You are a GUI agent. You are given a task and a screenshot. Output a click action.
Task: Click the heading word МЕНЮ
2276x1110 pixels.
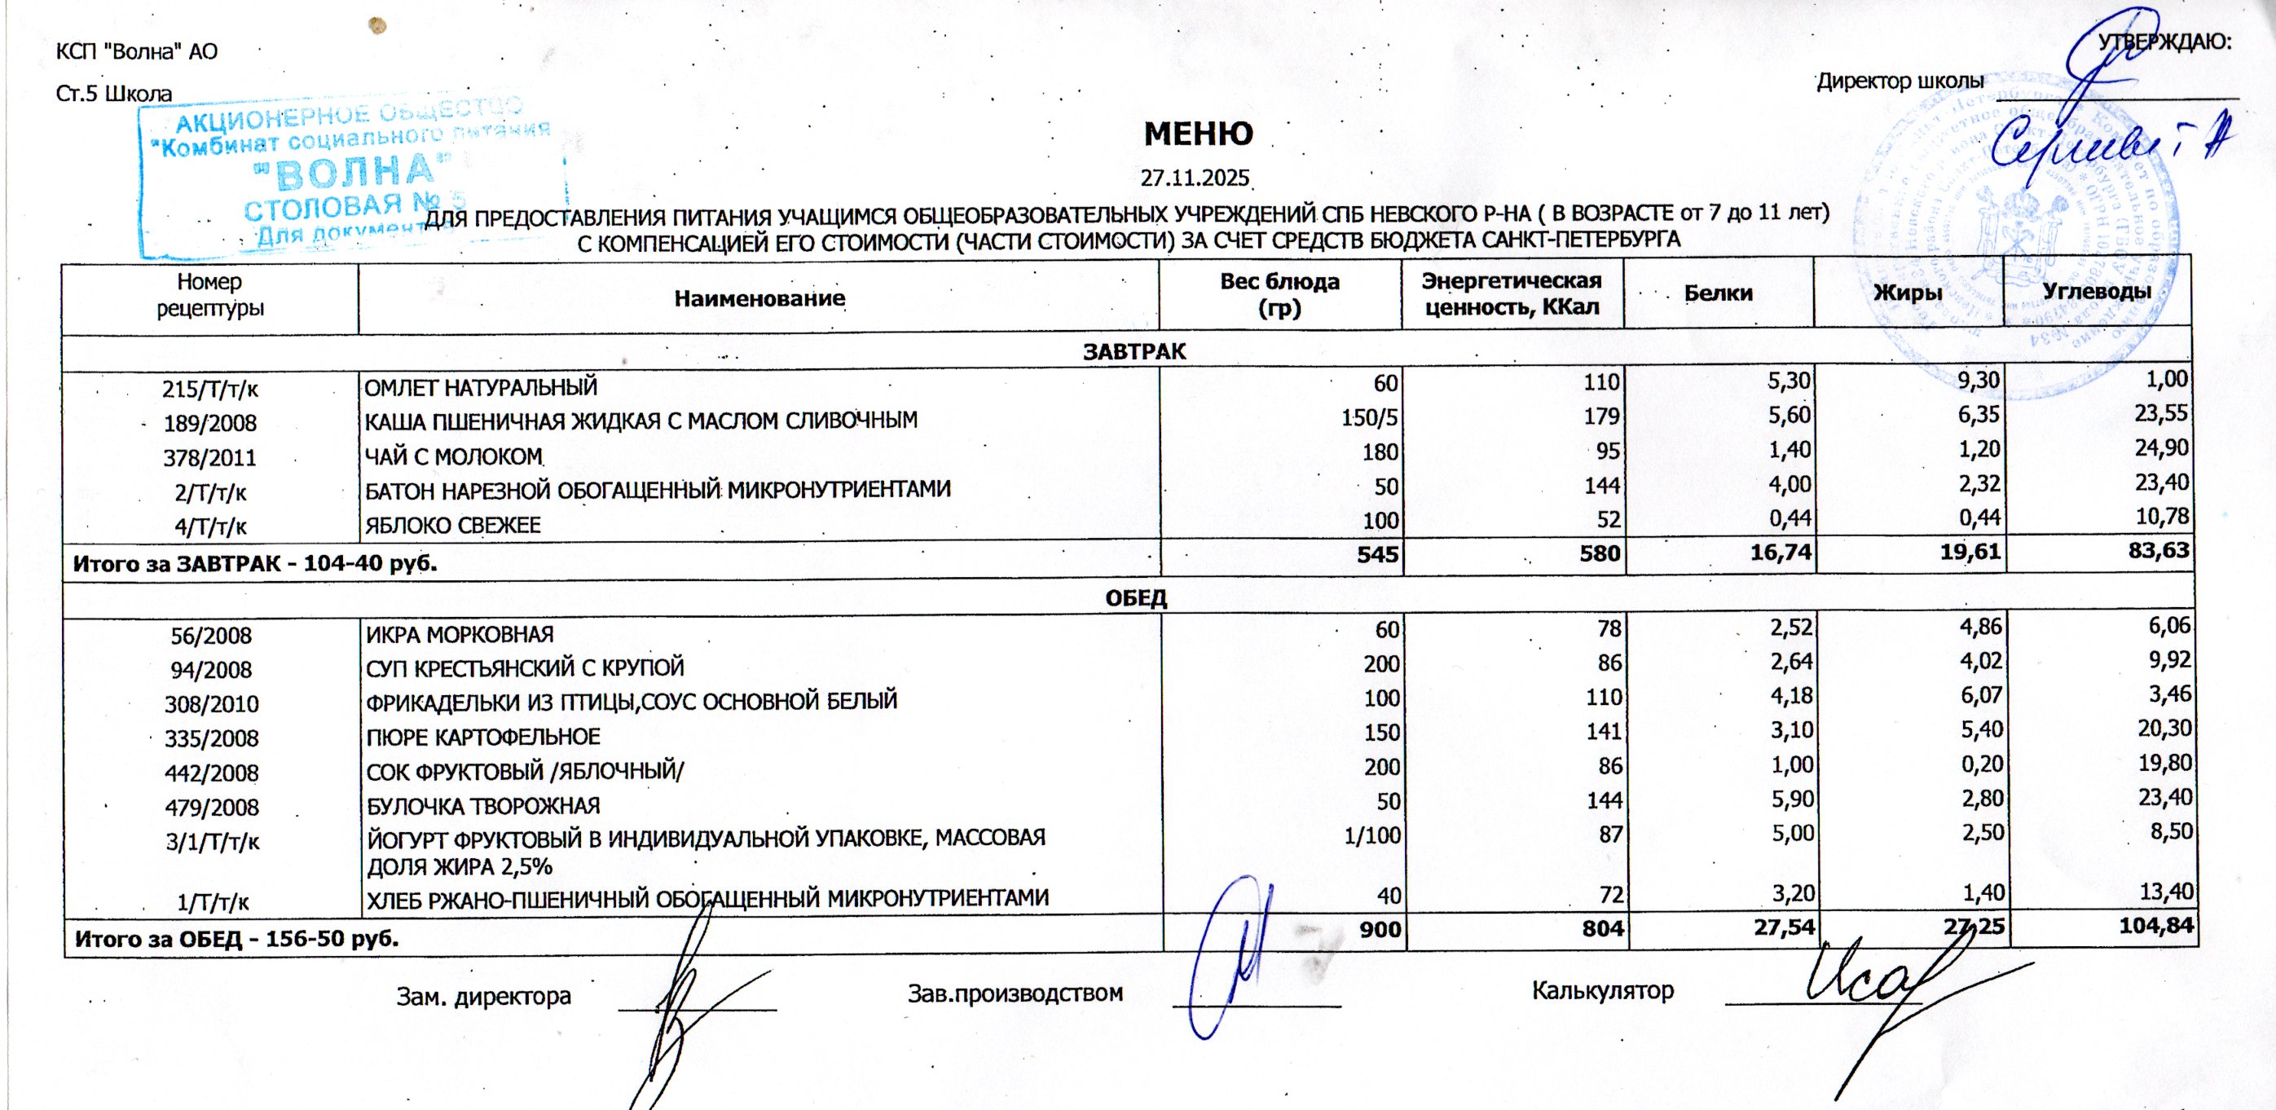pyautogui.click(x=1198, y=134)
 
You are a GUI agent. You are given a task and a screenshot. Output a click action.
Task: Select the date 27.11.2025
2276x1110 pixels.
pyautogui.click(x=1195, y=178)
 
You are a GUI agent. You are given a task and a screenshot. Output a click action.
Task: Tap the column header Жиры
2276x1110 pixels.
pyautogui.click(x=1908, y=293)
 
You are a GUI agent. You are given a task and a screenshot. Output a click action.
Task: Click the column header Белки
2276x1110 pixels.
pyautogui.click(x=1719, y=293)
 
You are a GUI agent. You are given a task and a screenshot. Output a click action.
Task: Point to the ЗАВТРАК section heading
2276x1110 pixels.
pyautogui.click(x=1134, y=352)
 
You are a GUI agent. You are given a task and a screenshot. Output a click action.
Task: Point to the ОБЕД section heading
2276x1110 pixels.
pyautogui.click(x=1136, y=598)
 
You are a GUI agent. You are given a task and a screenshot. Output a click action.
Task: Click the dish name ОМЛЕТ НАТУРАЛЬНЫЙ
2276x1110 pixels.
pyautogui.click(x=482, y=387)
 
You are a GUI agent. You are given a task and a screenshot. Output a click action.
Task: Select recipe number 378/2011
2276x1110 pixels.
pyautogui.click(x=209, y=458)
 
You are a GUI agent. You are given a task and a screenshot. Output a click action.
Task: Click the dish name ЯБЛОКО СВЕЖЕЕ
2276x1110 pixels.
pyautogui.click(x=453, y=526)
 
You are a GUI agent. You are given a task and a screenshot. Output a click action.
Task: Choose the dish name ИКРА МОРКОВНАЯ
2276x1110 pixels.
pyautogui.click(x=460, y=635)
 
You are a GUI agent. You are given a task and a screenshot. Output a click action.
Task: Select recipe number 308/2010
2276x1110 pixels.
pyautogui.click(x=211, y=704)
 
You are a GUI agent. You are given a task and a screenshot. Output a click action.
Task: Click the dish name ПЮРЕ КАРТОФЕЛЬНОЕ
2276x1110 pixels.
pyautogui.click(x=483, y=737)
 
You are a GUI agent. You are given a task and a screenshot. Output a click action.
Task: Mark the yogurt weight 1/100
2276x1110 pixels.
pyautogui.click(x=1371, y=836)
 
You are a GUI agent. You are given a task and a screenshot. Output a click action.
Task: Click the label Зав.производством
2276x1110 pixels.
pyautogui.click(x=1015, y=993)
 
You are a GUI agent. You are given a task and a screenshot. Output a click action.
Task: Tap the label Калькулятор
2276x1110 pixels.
pyautogui.click(x=1603, y=990)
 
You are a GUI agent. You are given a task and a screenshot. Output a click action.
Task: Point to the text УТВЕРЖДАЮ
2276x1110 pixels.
pyautogui.click(x=2164, y=42)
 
